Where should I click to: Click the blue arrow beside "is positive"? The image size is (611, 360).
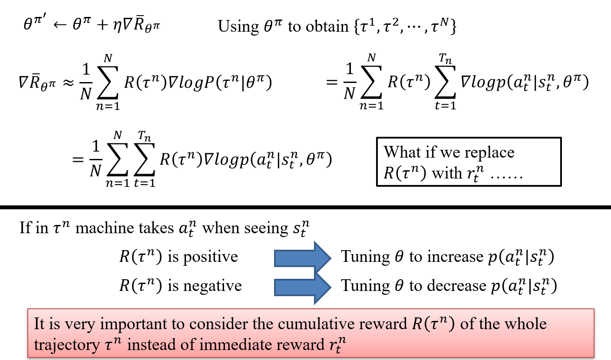[x=301, y=257]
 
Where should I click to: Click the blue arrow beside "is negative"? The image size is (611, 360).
[x=301, y=286]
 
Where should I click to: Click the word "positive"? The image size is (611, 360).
[x=211, y=257]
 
